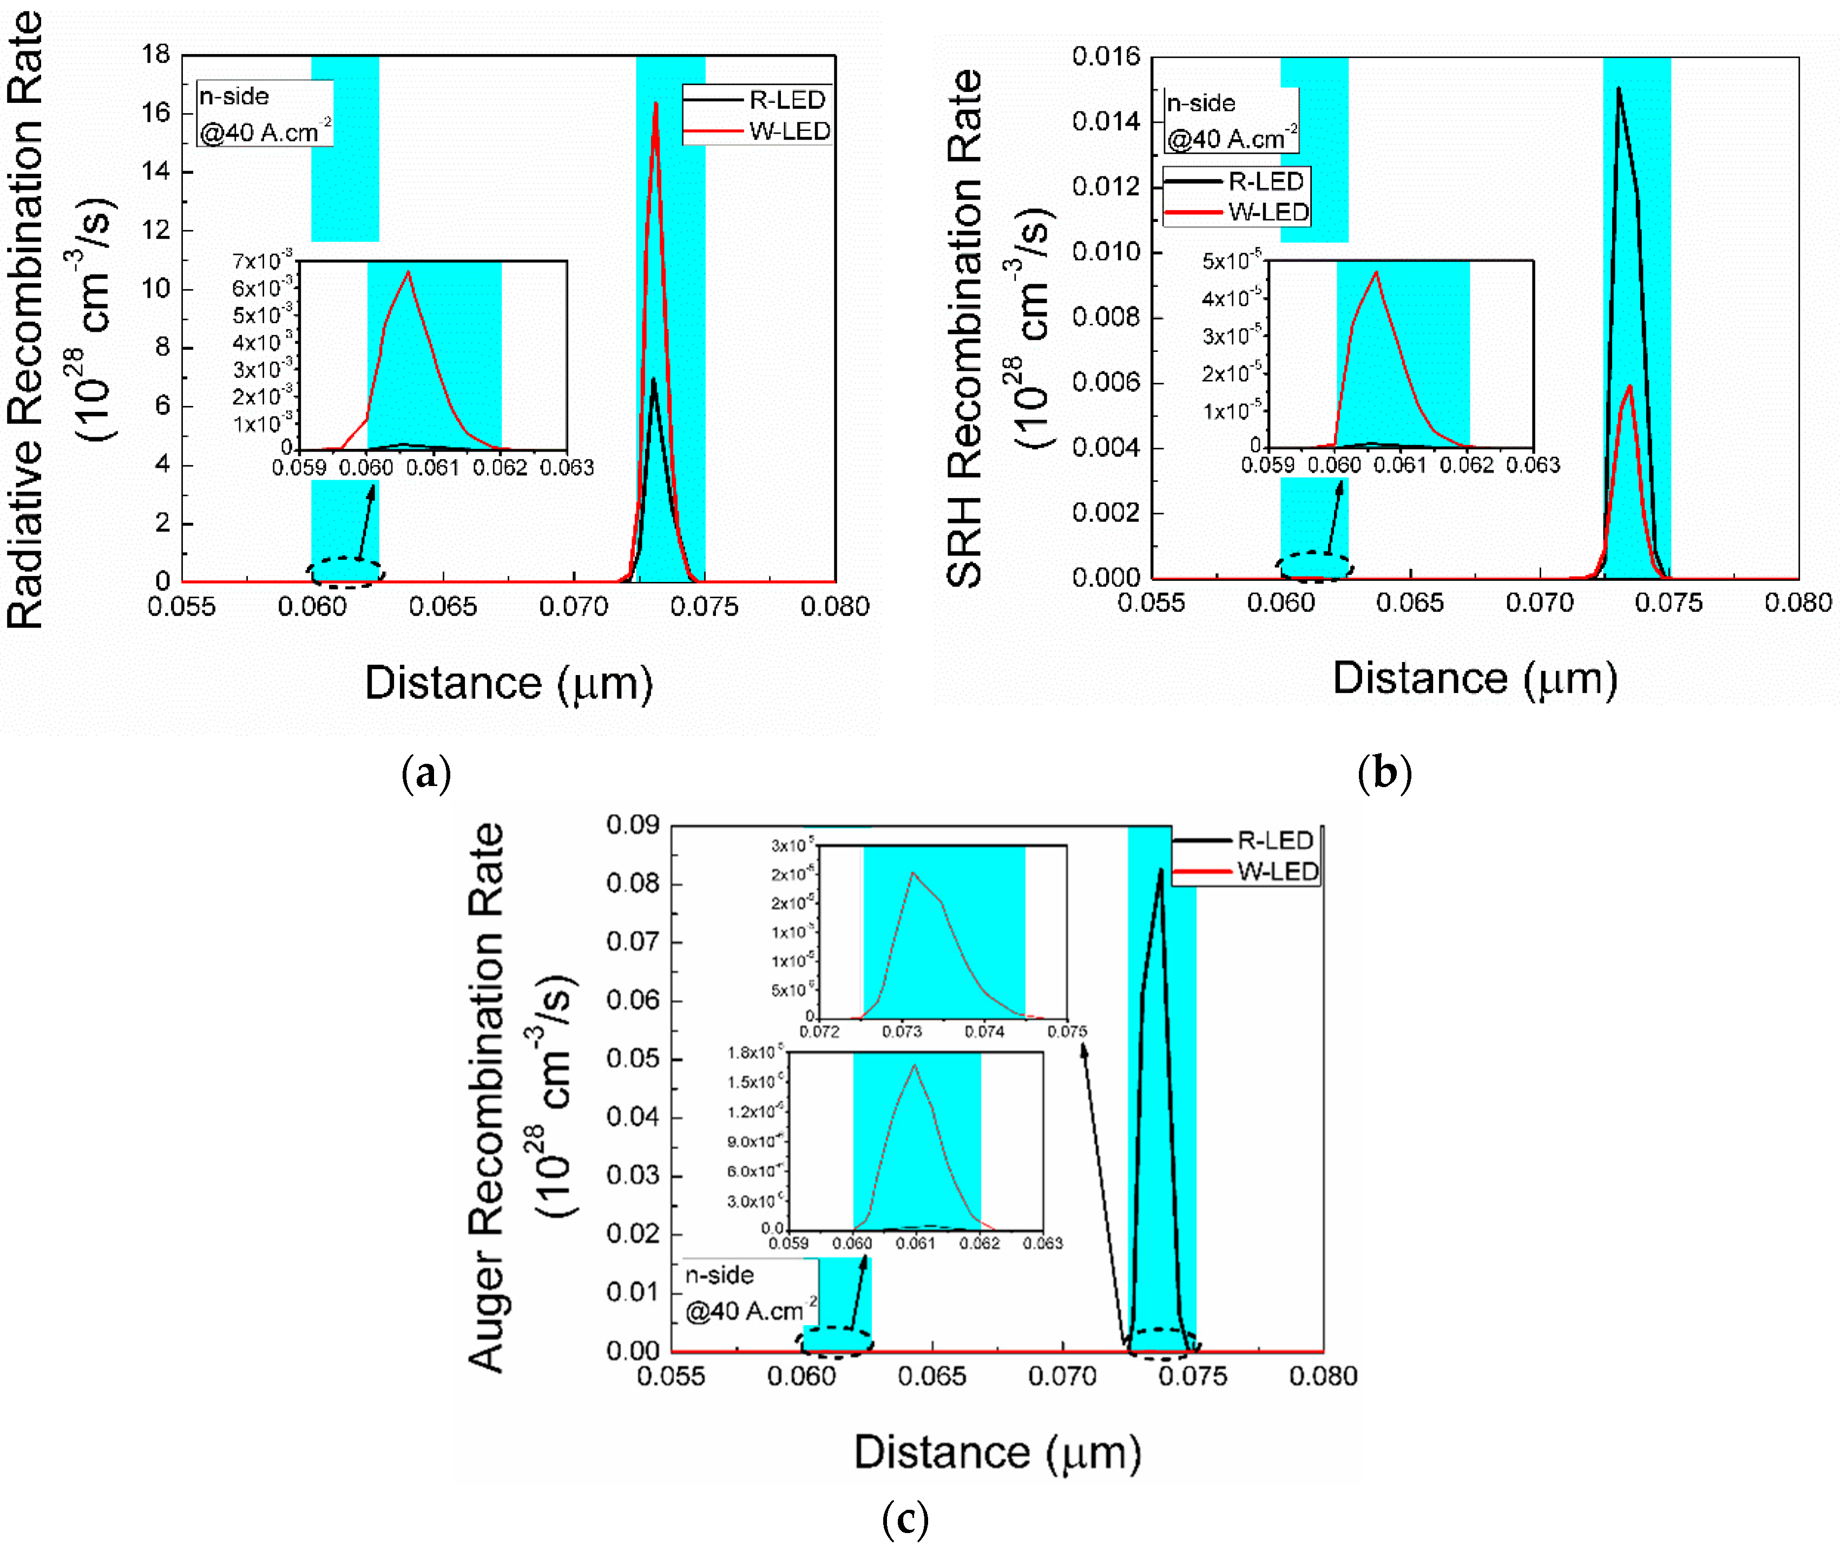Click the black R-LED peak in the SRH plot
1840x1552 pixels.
1618,89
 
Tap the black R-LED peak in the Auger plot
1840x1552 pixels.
1161,871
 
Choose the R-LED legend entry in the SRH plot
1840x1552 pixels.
1265,181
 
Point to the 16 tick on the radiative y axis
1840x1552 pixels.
156,113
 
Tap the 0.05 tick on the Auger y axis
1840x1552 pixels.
633,1058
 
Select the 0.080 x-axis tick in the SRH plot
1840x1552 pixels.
1798,603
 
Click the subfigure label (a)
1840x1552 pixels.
426,774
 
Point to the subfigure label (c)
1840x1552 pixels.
905,1518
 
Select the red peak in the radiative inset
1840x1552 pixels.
408,273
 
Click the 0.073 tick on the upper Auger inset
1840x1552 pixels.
902,1031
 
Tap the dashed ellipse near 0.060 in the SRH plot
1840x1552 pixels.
1316,566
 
